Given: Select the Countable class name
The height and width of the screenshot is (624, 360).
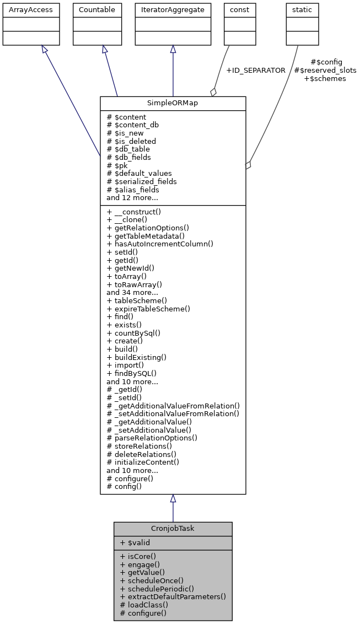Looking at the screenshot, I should tap(97, 10).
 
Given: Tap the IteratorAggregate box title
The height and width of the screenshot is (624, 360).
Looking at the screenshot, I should tap(173, 10).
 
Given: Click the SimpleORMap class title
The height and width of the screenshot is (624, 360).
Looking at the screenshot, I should tap(173, 104).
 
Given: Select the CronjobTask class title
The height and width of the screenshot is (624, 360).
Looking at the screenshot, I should tap(173, 529).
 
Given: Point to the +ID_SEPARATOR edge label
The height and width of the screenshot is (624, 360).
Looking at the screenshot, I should tap(256, 71).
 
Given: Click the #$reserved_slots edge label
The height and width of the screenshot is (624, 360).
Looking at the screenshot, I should tap(325, 71).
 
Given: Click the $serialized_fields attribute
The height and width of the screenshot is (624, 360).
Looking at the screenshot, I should tap(142, 181).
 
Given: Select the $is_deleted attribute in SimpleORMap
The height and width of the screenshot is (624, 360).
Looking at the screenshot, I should tap(131, 141).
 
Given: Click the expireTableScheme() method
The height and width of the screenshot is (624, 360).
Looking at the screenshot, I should tap(148, 309).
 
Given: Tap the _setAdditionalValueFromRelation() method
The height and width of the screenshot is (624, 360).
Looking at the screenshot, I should tap(173, 413).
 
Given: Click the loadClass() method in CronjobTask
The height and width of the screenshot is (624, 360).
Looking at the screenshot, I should tap(144, 605).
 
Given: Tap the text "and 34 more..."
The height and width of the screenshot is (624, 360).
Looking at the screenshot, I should tap(132, 293).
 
